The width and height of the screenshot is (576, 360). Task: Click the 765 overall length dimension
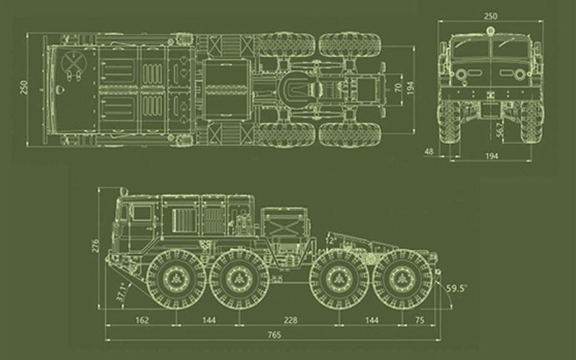(x=274, y=335)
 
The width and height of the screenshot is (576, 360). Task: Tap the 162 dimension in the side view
(x=142, y=320)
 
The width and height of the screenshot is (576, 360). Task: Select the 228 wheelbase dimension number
(x=291, y=320)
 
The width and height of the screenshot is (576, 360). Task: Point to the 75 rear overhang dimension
(x=420, y=320)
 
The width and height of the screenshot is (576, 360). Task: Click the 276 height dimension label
(x=96, y=246)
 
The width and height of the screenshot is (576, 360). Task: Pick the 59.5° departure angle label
(x=456, y=288)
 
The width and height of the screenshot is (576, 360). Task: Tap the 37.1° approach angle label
(x=122, y=292)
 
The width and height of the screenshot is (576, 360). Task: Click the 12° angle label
(x=330, y=240)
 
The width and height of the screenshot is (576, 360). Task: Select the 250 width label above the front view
(x=490, y=16)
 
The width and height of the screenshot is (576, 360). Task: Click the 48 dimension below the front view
(x=428, y=151)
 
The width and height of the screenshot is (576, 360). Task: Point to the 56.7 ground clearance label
(x=500, y=129)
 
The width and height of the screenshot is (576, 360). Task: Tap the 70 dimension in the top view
(x=398, y=88)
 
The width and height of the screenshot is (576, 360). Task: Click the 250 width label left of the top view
(x=24, y=87)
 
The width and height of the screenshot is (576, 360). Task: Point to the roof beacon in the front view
(x=490, y=30)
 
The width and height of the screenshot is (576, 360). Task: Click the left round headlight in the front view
(x=461, y=75)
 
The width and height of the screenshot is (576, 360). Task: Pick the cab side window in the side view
(x=142, y=213)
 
